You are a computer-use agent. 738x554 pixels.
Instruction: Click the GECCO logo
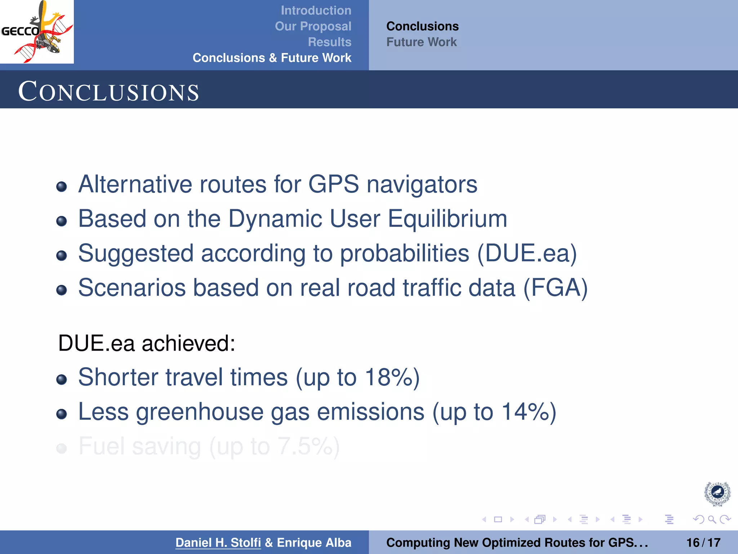click(x=37, y=32)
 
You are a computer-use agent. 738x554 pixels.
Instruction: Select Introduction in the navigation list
click(x=316, y=10)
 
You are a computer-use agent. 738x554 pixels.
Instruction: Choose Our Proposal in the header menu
click(x=313, y=26)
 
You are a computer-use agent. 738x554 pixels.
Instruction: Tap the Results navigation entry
click(x=329, y=42)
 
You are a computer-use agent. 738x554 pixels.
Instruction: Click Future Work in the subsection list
click(x=421, y=42)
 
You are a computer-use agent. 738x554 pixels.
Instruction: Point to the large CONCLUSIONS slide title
click(x=108, y=92)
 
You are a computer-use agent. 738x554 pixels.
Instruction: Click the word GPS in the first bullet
click(x=333, y=184)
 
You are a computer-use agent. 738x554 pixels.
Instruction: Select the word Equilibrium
click(x=447, y=219)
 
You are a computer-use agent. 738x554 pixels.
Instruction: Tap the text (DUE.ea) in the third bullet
click(x=527, y=253)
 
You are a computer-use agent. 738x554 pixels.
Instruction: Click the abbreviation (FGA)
click(x=555, y=288)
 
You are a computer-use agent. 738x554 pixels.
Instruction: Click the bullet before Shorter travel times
click(x=62, y=379)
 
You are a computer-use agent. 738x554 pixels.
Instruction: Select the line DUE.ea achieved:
click(x=147, y=343)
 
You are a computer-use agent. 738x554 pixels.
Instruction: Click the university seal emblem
click(x=717, y=493)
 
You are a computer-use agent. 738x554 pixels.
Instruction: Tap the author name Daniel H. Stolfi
click(x=218, y=542)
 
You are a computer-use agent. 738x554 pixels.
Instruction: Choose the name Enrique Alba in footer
click(x=314, y=542)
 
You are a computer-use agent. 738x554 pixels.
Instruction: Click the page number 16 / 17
click(x=703, y=542)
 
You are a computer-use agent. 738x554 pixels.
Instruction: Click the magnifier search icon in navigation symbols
click(x=712, y=519)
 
